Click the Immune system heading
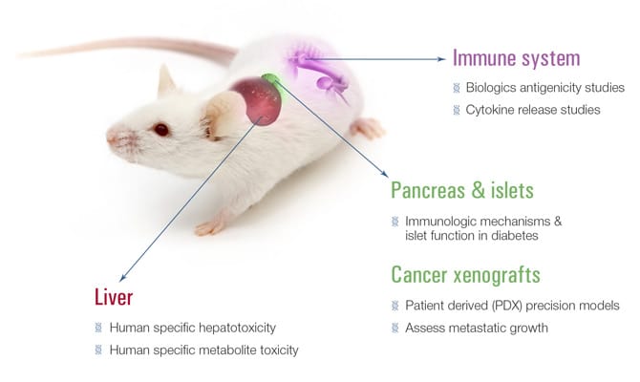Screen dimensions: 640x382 pos(517,58)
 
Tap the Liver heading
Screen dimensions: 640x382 pos(114,297)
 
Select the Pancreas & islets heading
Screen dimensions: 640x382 pos(462,190)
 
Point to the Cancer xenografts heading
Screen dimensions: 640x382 pos(466,275)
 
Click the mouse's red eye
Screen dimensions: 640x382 pos(161,129)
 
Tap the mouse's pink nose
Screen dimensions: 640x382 pos(111,137)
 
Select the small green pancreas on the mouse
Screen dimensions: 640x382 pos(270,79)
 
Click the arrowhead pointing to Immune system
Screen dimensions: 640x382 pos(441,59)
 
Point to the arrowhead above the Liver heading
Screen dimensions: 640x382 pos(123,278)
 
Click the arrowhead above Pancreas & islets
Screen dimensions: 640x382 pos(385,173)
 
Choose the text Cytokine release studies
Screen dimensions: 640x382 pos(533,110)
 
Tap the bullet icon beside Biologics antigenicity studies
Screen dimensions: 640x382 pos(457,88)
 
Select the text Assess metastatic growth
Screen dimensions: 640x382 pos(477,329)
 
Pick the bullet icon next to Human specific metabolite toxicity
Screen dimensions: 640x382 pos(98,350)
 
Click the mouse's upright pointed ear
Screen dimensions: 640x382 pos(165,80)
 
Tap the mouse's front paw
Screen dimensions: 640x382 pos(209,227)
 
